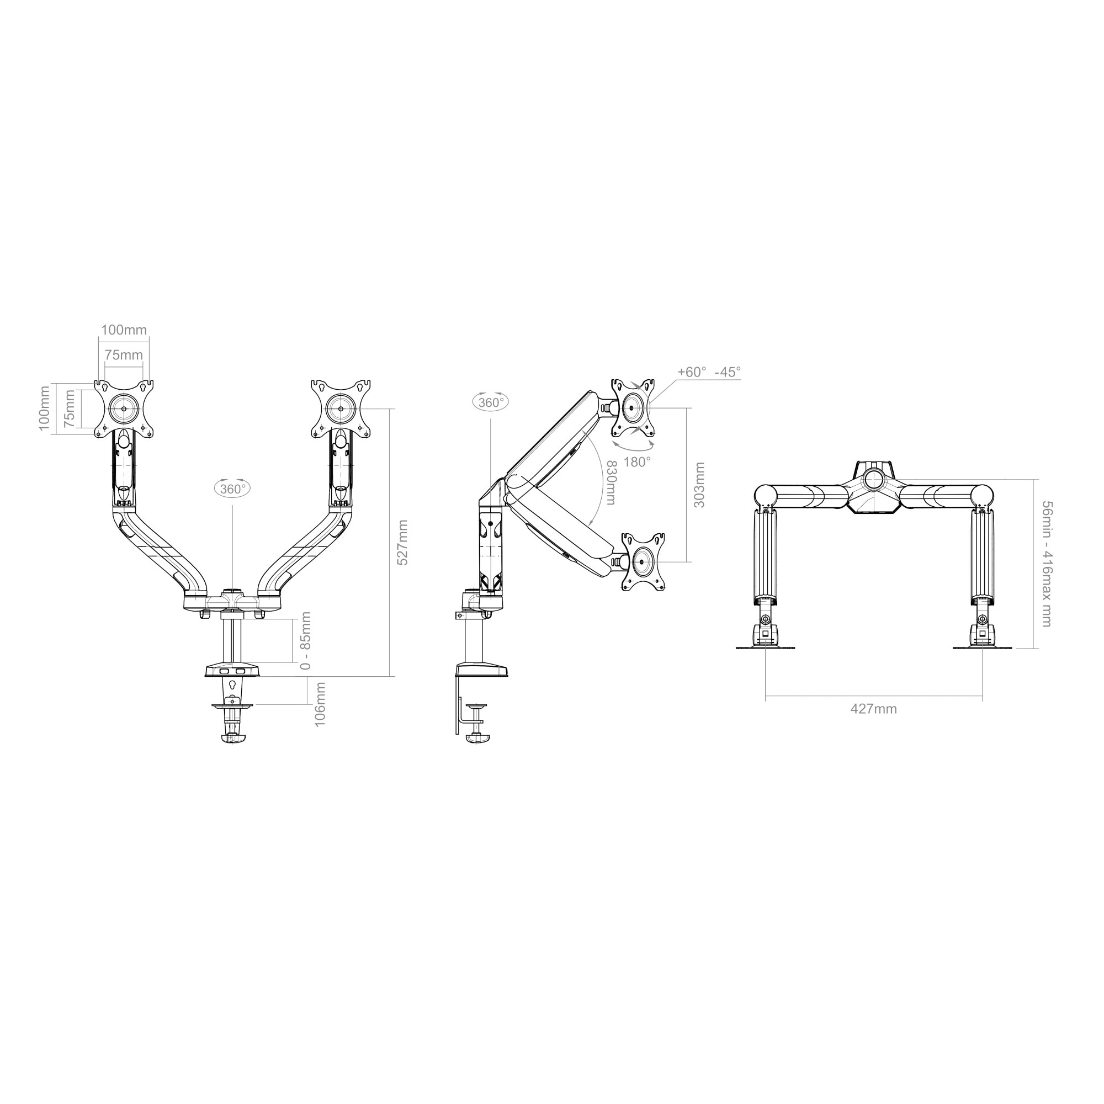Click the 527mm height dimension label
tap(403, 542)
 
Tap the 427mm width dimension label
tap(873, 709)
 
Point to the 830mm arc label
tap(610, 482)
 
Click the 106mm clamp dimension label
tap(320, 704)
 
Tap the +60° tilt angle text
tap(692, 371)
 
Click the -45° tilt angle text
tap(727, 371)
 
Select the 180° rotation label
tap(636, 461)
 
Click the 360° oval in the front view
tap(232, 489)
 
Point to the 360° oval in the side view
tap(491, 402)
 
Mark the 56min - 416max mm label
tap(1046, 564)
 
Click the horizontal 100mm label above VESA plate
tap(124, 330)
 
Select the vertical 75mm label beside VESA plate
tap(70, 408)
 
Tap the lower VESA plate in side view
tap(644, 562)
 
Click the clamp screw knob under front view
tap(232, 738)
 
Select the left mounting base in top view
tap(765, 638)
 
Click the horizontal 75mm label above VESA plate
tap(124, 355)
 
